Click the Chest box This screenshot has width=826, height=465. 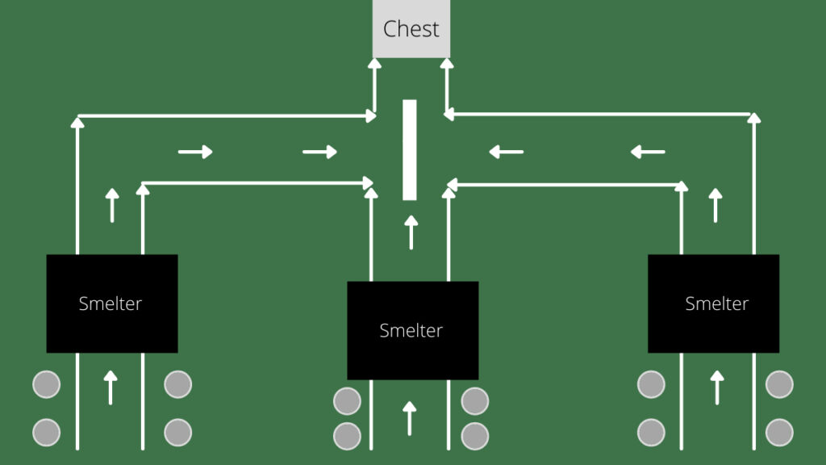[411, 28]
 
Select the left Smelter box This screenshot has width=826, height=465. [112, 304]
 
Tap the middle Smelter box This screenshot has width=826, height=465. [413, 330]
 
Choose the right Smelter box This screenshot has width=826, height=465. [713, 304]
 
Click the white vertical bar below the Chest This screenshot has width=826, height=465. [409, 149]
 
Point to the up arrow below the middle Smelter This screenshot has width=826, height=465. [409, 419]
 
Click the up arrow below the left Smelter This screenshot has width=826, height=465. [110, 387]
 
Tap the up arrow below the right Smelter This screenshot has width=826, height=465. [717, 387]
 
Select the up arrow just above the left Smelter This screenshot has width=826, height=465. [111, 206]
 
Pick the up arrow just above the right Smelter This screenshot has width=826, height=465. [715, 206]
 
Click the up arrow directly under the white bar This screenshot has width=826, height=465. [411, 232]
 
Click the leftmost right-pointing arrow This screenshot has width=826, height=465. [195, 152]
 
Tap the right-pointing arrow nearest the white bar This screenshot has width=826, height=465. [319, 152]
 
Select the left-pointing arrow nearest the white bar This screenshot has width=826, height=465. [507, 152]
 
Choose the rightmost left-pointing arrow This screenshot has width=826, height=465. [648, 152]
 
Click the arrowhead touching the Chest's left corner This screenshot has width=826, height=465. [374, 64]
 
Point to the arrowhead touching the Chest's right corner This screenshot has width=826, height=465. [447, 64]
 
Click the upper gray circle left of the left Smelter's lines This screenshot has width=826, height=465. [46, 384]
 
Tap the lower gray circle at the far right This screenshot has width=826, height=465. [780, 433]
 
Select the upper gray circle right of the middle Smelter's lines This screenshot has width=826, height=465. [474, 401]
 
